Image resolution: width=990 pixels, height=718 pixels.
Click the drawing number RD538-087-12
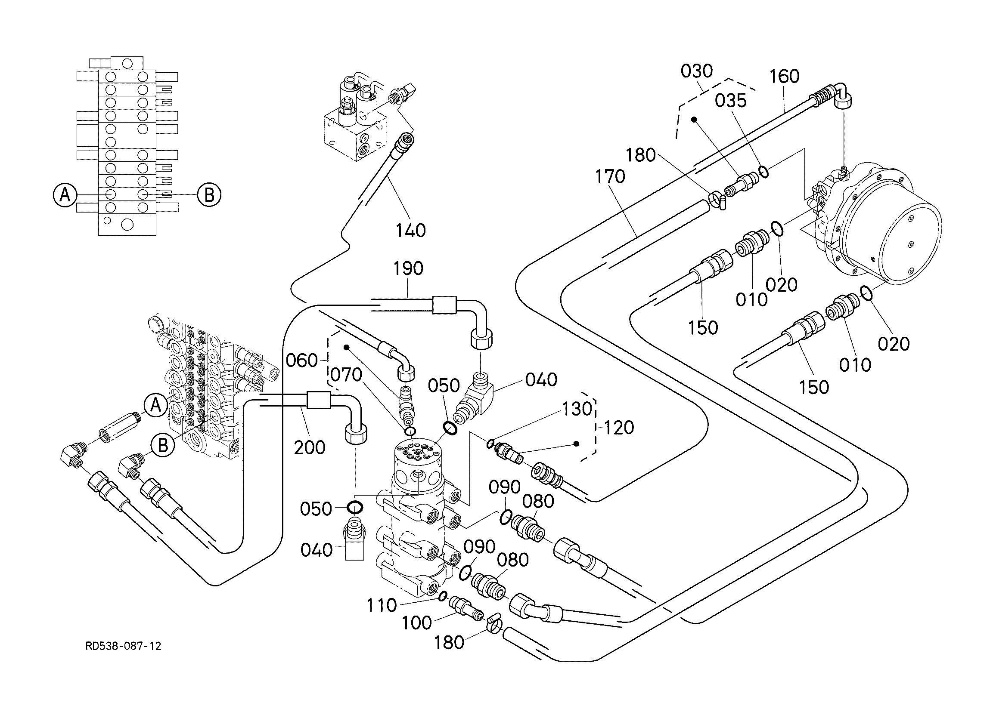pyautogui.click(x=124, y=646)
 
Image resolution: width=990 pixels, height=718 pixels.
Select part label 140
pyautogui.click(x=411, y=230)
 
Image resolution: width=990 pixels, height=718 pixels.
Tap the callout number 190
pyautogui.click(x=408, y=268)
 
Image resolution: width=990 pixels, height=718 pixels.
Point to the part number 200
pyautogui.click(x=310, y=447)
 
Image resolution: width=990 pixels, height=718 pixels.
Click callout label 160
pyautogui.click(x=785, y=76)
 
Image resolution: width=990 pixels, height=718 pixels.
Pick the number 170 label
pyautogui.click(x=610, y=177)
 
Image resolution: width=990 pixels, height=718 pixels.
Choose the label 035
pyautogui.click(x=731, y=101)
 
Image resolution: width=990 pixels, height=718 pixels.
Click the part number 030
pyautogui.click(x=697, y=71)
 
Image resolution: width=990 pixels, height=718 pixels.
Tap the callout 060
pyautogui.click(x=301, y=361)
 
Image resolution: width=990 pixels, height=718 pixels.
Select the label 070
pyautogui.click(x=346, y=375)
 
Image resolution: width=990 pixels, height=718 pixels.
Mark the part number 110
pyautogui.click(x=382, y=605)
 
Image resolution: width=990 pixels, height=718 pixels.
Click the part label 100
pyautogui.click(x=416, y=623)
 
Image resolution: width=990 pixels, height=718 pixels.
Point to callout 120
pyautogui.click(x=618, y=428)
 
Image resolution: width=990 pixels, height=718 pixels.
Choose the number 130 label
pyautogui.click(x=577, y=409)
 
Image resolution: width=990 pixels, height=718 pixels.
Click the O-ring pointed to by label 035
pyautogui.click(x=763, y=171)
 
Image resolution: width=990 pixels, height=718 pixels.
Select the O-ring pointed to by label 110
pyautogui.click(x=443, y=596)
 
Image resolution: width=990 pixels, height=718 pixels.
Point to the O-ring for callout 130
pyautogui.click(x=490, y=444)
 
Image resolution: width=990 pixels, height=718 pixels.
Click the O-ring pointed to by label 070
pyautogui.click(x=410, y=432)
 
